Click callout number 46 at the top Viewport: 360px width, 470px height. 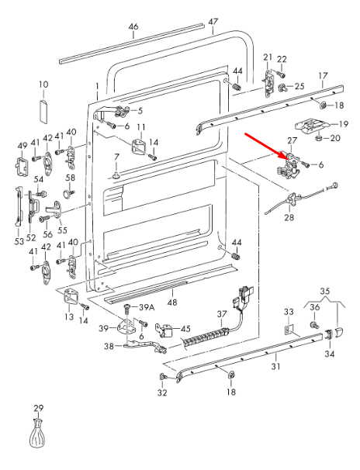[x=133, y=27]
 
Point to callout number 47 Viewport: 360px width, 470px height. [x=213, y=22]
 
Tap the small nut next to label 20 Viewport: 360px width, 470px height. [x=319, y=138]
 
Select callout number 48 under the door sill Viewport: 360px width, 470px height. [x=172, y=302]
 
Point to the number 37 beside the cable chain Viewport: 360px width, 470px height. [x=221, y=314]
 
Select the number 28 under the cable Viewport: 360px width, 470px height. [x=289, y=219]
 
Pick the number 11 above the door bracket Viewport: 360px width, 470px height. [x=140, y=127]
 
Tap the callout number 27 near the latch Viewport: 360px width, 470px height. [x=292, y=140]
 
